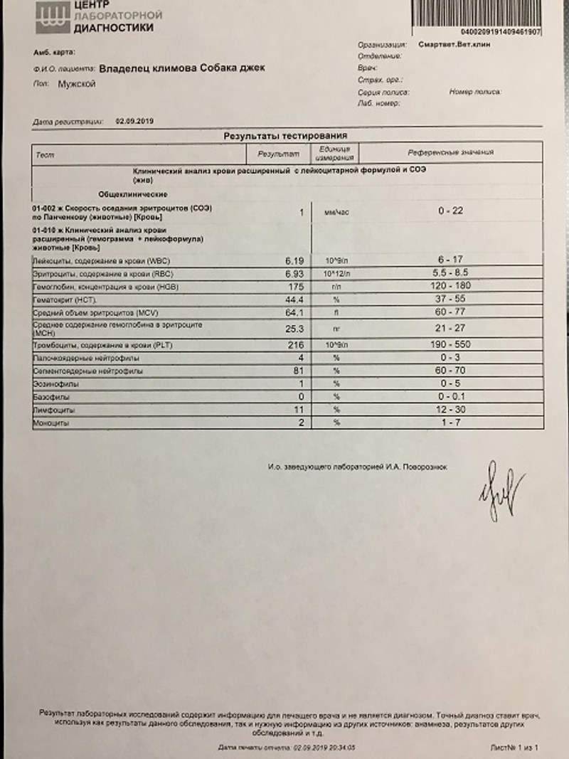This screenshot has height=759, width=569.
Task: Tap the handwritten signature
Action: point(501,492)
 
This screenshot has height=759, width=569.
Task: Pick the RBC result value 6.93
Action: point(294,275)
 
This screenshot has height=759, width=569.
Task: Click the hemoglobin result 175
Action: point(296,287)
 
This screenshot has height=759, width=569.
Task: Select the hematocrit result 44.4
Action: point(294,299)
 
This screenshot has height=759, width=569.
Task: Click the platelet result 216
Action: point(296,345)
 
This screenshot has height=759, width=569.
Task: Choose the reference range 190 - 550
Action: point(450,345)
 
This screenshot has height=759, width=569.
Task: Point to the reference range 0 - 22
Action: point(450,211)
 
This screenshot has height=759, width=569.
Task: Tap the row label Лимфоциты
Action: point(54,411)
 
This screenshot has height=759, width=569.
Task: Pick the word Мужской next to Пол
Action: point(76,85)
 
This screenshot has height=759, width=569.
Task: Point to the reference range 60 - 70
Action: point(450,371)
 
